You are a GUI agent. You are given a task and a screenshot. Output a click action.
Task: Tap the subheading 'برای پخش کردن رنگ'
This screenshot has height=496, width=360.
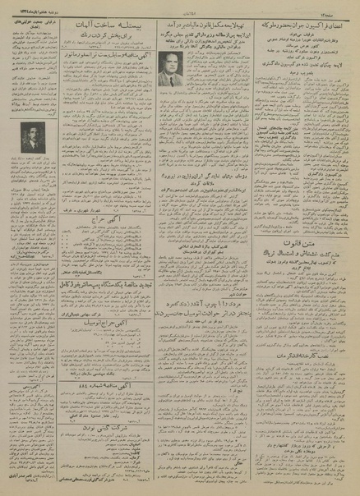103,39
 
